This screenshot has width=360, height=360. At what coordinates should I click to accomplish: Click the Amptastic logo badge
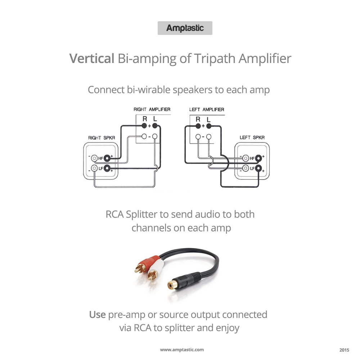pyautogui.click(x=185, y=28)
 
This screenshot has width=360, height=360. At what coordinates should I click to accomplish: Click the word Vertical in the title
pyautogui.click(x=92, y=58)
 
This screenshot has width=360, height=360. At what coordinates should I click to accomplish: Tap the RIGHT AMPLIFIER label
pyautogui.click(x=152, y=109)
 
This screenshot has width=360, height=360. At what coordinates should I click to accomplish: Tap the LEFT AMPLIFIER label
pyautogui.click(x=207, y=109)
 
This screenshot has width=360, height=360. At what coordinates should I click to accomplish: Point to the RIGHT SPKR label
pyautogui.click(x=100, y=138)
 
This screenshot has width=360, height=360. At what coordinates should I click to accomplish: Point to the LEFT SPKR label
pyautogui.click(x=252, y=138)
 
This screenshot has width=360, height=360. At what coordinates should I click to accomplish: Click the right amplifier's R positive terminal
pyautogui.click(x=144, y=126)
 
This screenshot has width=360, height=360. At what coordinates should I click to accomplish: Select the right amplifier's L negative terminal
pyautogui.click(x=155, y=136)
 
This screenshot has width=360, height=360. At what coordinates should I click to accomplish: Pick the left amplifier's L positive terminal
pyautogui.click(x=208, y=126)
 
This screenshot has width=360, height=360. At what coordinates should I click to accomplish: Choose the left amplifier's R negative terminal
pyautogui.click(x=198, y=136)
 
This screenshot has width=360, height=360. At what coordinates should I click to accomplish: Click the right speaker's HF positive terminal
pyautogui.click(x=107, y=158)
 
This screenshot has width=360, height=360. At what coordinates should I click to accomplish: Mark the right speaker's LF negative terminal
pyautogui.click(x=94, y=168)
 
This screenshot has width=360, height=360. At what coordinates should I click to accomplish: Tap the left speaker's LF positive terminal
pyautogui.click(x=258, y=168)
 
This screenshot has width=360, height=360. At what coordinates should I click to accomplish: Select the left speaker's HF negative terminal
pyautogui.click(x=246, y=158)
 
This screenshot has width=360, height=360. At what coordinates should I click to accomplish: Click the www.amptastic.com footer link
pyautogui.click(x=182, y=350)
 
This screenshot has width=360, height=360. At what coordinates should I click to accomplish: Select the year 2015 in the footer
pyautogui.click(x=344, y=350)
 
